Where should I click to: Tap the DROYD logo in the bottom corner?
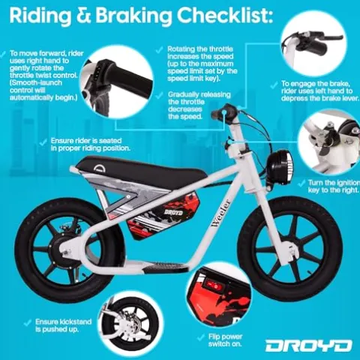[308, 346]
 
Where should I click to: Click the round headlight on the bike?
[280, 166]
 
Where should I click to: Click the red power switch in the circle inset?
[214, 286]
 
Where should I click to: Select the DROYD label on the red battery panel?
[173, 213]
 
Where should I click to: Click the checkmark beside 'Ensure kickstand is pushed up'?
[28, 322]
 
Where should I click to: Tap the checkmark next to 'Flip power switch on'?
[201, 337]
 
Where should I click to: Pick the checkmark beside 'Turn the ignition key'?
[301, 183]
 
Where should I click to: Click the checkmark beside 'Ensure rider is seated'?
[43, 142]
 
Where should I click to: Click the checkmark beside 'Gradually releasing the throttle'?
[159, 95]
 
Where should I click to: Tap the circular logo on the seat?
[100, 169]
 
